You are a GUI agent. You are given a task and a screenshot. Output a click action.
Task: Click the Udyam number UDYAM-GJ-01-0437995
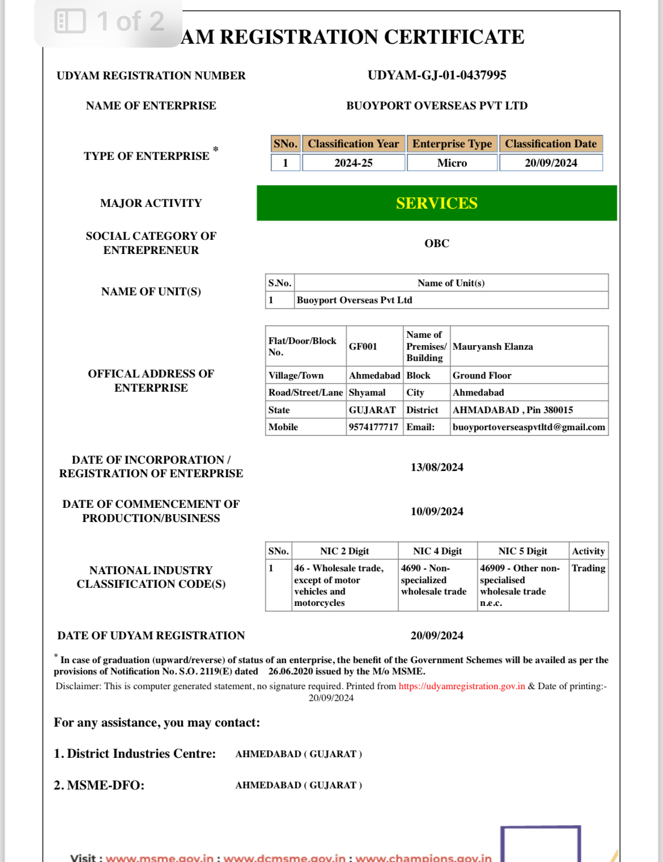436,75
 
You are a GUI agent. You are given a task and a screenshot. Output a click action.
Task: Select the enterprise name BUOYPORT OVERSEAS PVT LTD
436,105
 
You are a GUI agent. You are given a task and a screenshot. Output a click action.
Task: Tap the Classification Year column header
353,144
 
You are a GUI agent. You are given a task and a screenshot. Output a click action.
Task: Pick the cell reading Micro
452,163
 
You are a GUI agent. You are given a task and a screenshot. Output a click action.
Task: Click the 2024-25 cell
353,163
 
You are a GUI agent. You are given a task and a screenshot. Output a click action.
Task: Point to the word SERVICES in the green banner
436,203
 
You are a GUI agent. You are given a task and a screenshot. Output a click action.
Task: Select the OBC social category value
436,243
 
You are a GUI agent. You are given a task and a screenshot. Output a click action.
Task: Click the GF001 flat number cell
363,346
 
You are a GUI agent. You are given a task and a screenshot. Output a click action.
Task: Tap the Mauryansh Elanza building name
492,346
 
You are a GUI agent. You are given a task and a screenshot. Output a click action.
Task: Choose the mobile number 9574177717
373,427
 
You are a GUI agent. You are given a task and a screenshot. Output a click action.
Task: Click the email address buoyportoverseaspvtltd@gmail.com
528,427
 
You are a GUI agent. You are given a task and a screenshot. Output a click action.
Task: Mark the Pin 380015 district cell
512,410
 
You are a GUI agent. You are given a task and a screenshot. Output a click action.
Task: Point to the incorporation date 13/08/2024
436,467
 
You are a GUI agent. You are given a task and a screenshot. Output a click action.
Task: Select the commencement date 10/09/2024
436,511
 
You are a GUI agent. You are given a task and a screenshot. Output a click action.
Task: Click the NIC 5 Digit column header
522,551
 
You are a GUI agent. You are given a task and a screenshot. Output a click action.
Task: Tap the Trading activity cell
588,568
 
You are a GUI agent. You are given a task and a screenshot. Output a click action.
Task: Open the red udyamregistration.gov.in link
461,686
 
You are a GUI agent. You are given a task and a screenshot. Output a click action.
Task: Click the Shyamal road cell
367,392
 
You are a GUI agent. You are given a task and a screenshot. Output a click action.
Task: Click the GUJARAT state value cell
372,410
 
